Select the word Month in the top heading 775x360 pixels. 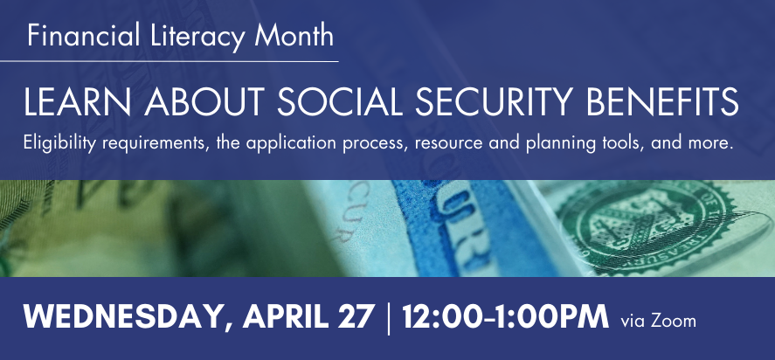click(294, 36)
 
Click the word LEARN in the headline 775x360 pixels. click(78, 102)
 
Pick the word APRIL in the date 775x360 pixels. click(285, 316)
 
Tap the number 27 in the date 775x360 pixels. click(354, 316)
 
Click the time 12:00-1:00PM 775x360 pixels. click(505, 316)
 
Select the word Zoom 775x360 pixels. click(673, 321)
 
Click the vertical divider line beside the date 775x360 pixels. click(388, 319)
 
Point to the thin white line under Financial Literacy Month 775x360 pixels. click(169, 62)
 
